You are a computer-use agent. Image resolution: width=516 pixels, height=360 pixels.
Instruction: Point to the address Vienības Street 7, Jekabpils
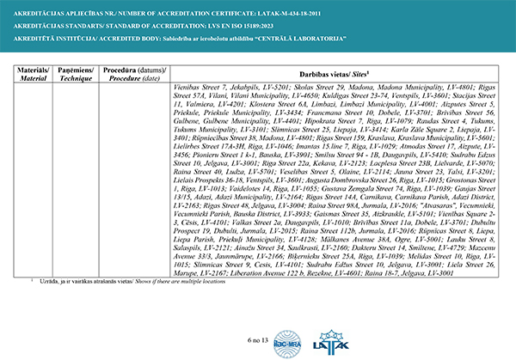pyautogui.click(x=218, y=88)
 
